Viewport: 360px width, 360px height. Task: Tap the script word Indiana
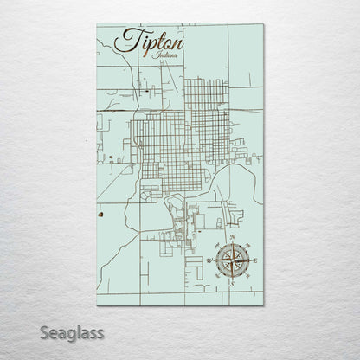164,56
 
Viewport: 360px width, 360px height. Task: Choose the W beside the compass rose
209,259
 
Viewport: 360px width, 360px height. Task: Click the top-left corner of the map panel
97,25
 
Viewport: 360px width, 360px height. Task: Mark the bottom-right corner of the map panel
264,305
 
